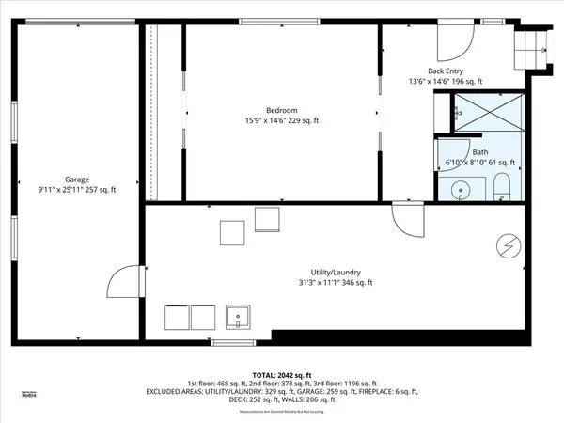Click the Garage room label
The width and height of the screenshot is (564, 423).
coord(77,179)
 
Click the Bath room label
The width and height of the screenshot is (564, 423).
coord(480,152)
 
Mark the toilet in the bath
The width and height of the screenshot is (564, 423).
coord(502,184)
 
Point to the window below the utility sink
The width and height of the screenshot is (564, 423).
coord(233,342)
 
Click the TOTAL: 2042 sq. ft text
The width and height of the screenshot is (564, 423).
coord(281,374)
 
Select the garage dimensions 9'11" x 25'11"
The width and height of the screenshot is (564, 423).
coord(77,190)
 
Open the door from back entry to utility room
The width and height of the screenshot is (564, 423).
coord(408,220)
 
